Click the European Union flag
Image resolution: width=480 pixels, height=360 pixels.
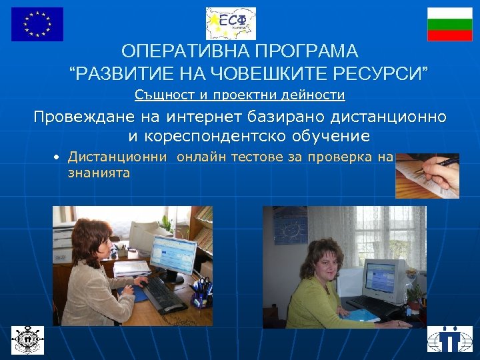coord(37,24)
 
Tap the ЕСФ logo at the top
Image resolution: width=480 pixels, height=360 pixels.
coord(231,24)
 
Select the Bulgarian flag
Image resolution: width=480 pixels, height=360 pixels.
coord(449,25)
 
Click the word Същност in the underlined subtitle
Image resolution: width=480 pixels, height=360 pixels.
coord(162,95)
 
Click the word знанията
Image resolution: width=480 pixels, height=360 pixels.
coord(99,173)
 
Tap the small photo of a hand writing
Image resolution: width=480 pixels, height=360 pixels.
coord(427,176)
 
